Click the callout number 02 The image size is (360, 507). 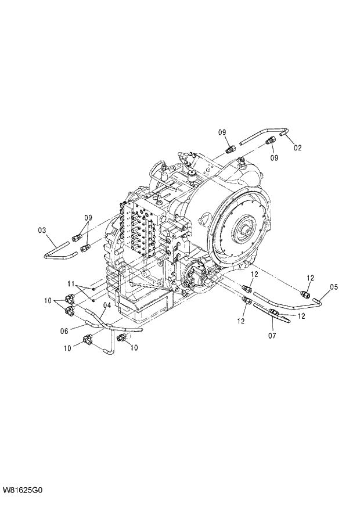pos(297,148)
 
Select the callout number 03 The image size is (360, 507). pos(42,231)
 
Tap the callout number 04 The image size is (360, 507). pos(107,305)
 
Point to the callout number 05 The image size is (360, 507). pos(333,286)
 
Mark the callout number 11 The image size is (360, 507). pos(71,284)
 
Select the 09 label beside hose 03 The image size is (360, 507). pos(88,218)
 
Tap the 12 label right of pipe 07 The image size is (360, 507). pos(302,316)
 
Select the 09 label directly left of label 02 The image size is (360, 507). pos(273,157)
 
